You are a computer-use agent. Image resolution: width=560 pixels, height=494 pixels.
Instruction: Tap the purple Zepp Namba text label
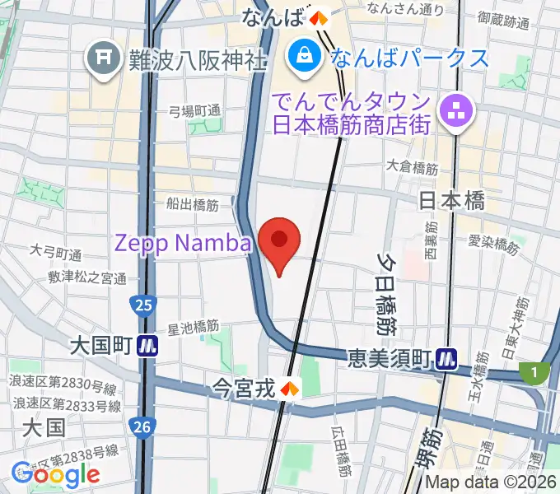(x=183, y=243)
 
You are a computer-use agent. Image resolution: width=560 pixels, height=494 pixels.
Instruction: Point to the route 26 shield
(x=141, y=426)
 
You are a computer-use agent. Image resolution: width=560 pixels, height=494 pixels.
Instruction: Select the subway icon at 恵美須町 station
(x=448, y=358)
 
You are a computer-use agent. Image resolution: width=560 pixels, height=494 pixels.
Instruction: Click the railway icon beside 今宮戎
(x=289, y=386)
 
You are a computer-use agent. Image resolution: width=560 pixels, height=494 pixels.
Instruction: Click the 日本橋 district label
(x=451, y=201)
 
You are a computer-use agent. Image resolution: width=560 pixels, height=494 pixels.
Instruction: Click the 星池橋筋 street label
(x=193, y=328)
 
